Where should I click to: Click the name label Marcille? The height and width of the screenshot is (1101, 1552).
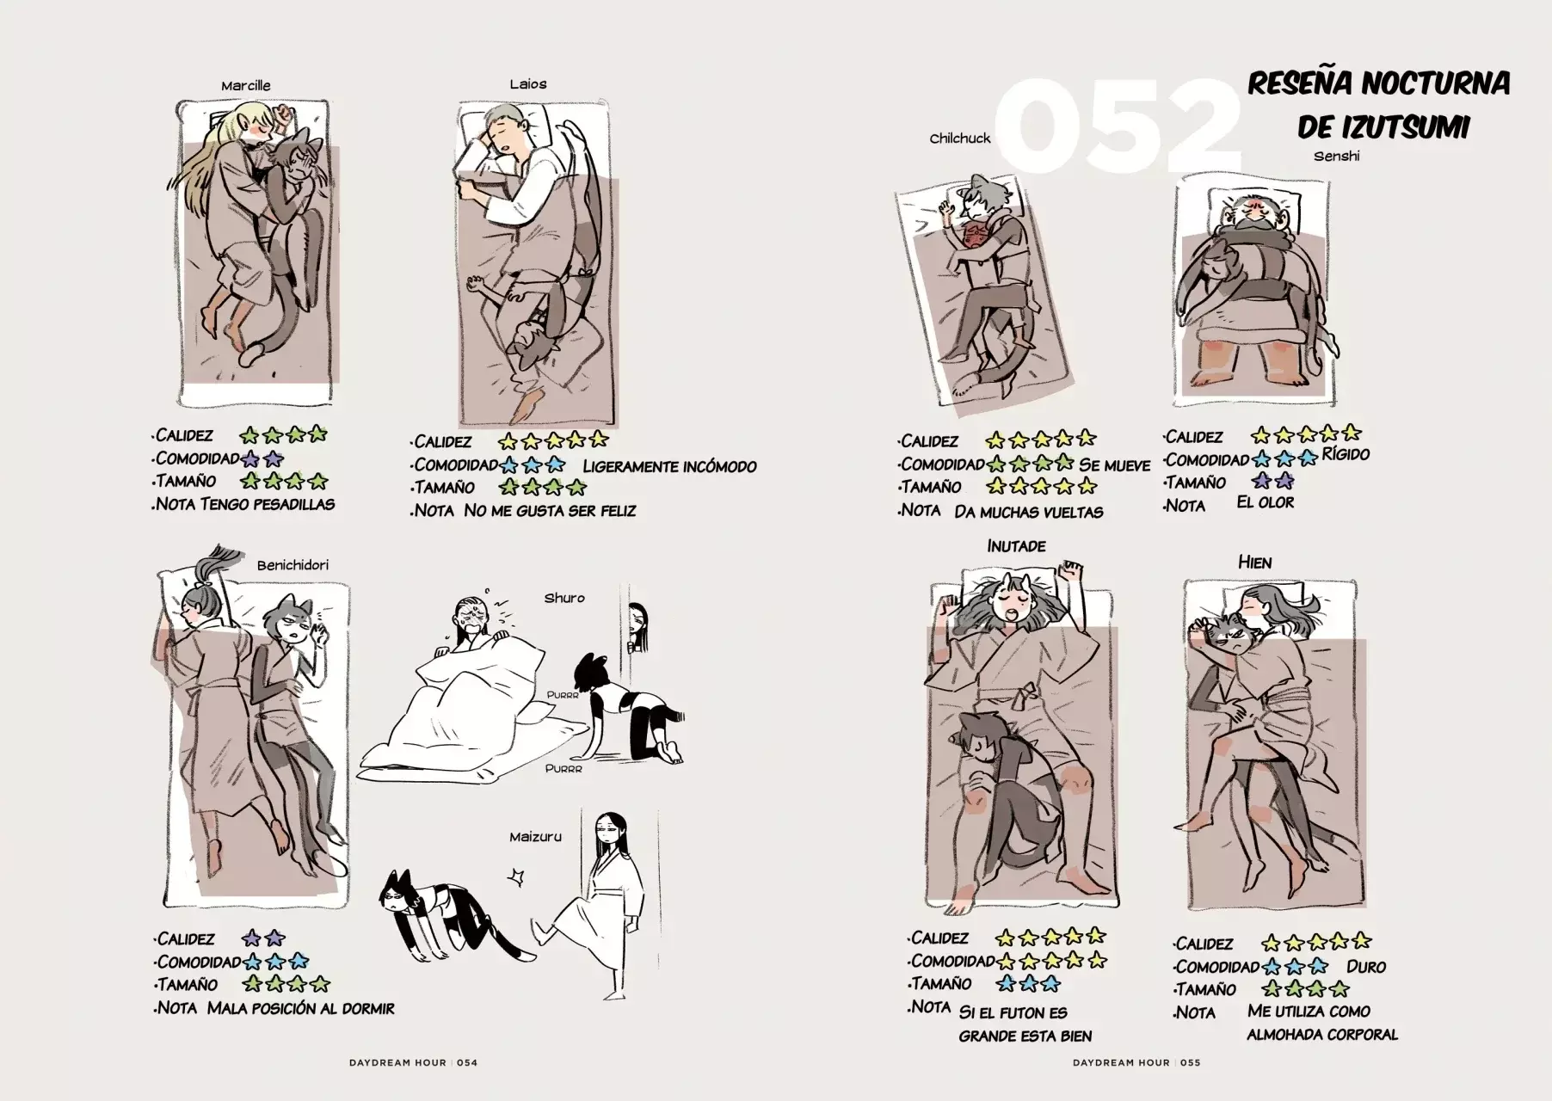pos(245,86)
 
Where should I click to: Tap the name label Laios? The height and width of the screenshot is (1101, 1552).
pos(527,84)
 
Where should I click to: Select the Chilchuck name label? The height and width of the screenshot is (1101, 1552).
pos(960,138)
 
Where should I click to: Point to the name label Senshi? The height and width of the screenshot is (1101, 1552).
pos(1336,157)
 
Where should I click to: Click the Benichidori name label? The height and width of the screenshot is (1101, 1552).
pos(293,566)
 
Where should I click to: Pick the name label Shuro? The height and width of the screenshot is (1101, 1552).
pos(564,598)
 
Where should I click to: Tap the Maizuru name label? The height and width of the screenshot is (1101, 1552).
pos(535,836)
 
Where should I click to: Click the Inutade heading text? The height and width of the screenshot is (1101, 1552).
pos(1016,546)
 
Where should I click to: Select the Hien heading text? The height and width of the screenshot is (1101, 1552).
pos(1254,563)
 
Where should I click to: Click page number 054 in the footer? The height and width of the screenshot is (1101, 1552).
pos(467,1062)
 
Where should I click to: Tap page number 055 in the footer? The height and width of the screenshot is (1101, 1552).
pos(1190,1062)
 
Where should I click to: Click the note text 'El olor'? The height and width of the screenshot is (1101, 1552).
pos(1266,502)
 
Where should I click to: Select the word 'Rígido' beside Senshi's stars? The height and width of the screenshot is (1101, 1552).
pos(1346,454)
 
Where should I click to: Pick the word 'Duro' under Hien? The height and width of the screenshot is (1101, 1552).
pos(1366,967)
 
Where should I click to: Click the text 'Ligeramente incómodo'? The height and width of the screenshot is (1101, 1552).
pos(670,467)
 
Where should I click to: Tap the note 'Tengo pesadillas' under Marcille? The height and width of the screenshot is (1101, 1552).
pos(268,504)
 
